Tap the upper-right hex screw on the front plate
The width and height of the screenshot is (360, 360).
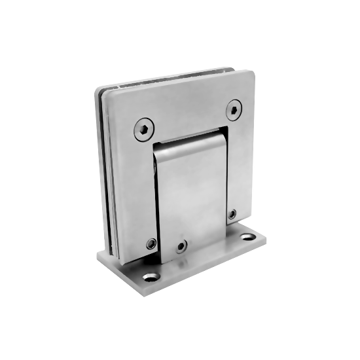pyautogui.click(x=234, y=109)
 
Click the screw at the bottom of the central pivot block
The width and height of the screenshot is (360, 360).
pyautogui.click(x=182, y=248)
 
